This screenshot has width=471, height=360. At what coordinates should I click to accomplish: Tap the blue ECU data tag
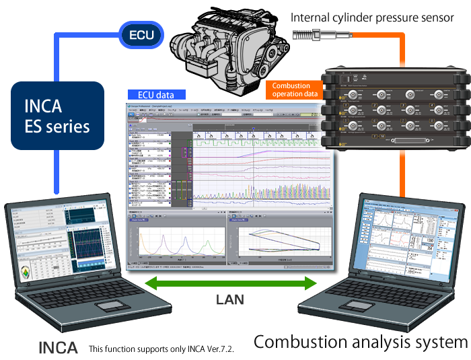point(155,95)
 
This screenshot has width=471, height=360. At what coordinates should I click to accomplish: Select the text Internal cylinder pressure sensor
point(372,17)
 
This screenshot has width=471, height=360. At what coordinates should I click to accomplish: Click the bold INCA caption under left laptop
point(58,349)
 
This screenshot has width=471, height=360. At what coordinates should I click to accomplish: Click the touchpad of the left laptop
point(113,307)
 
